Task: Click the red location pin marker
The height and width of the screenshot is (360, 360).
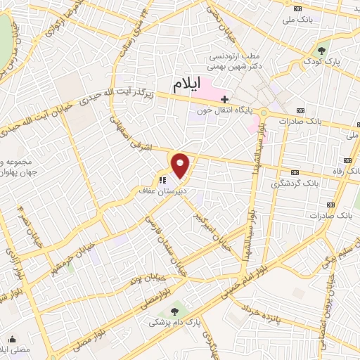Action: click(181, 165)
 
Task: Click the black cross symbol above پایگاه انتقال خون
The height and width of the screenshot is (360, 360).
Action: click(224, 99)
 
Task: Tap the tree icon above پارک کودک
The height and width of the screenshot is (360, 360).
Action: click(322, 50)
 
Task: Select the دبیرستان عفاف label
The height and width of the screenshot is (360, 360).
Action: click(158, 190)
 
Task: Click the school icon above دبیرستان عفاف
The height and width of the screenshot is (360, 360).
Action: click(162, 179)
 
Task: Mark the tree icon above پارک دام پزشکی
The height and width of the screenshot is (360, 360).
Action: click(175, 309)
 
